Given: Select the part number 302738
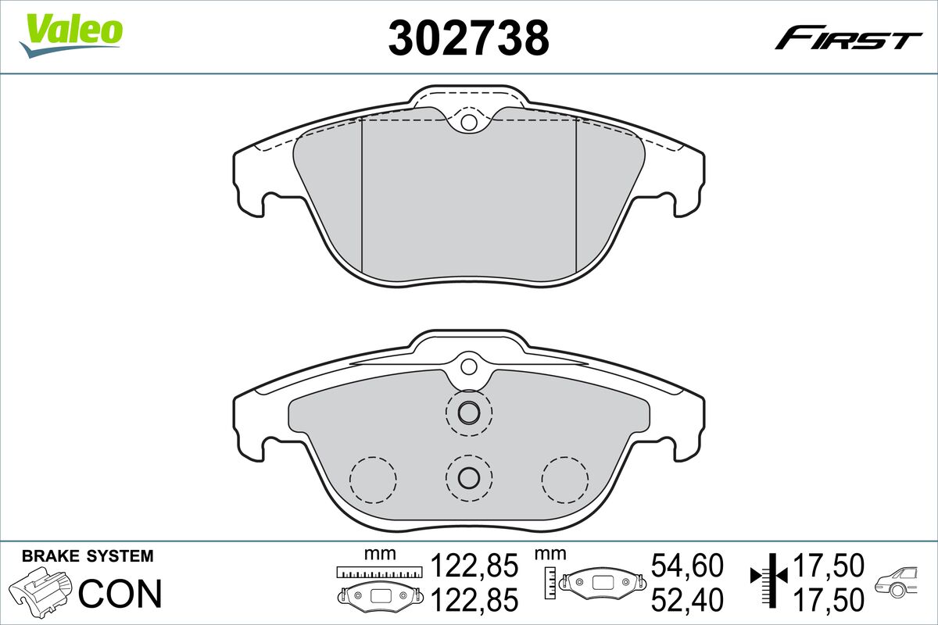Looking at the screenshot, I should [469, 37].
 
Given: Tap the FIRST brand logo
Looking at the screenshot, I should [849, 37].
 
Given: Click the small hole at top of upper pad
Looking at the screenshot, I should [468, 122].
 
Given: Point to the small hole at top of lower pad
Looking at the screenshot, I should [468, 366].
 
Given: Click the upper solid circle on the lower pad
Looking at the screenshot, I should [468, 412].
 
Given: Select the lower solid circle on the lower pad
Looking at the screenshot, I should [468, 477].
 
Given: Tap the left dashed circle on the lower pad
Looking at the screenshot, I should [373, 478].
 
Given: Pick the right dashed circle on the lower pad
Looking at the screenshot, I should [565, 478].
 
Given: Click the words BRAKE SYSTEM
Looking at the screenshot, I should [88, 556].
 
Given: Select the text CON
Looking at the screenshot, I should [120, 594].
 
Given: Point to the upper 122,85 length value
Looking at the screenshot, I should [475, 565].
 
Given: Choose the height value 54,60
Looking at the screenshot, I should [687, 565].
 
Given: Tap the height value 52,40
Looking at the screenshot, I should [687, 599].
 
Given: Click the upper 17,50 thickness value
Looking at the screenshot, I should [829, 565].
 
